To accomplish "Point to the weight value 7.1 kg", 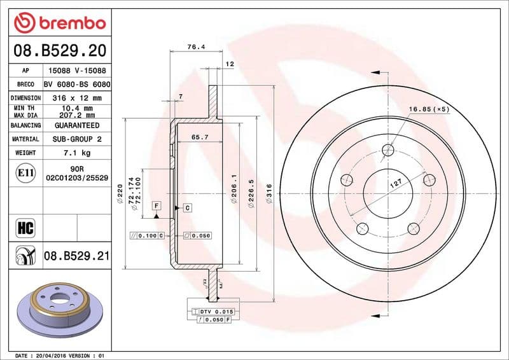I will [77, 153].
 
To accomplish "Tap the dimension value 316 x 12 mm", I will [77, 98].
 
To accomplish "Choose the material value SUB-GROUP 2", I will [77, 139].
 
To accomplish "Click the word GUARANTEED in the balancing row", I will [77, 126].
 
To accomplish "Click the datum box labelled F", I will [156, 205].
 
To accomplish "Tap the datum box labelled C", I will [188, 208].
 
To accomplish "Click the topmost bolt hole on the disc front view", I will [388, 150].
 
